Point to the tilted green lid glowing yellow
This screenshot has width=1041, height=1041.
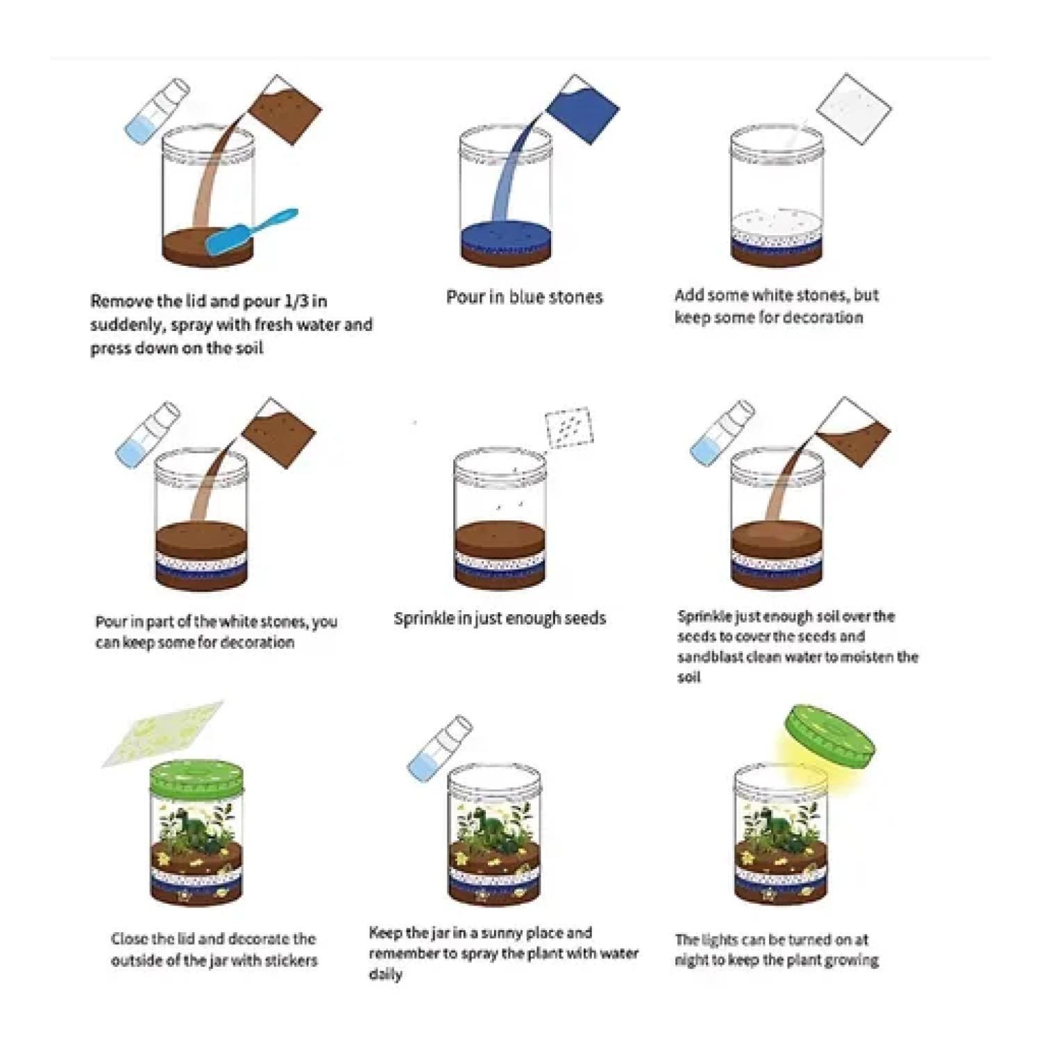(x=829, y=737)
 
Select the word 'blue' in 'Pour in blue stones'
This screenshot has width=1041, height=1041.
(x=526, y=297)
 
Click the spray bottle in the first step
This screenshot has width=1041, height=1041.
(x=157, y=110)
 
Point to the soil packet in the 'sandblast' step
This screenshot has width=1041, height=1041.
(x=853, y=431)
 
